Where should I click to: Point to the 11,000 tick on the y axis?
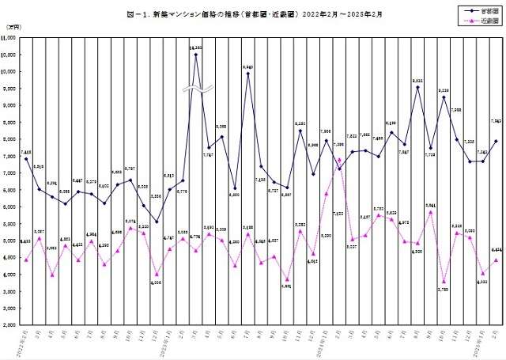click(10, 38)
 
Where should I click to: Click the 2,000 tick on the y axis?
click(12, 325)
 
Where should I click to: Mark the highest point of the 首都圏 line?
click(195, 54)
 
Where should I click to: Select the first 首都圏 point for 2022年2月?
click(26, 159)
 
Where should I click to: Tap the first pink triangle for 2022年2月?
click(26, 260)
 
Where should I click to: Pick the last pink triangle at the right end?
click(496, 260)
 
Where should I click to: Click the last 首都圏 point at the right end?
click(496, 141)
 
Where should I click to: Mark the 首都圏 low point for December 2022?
click(157, 222)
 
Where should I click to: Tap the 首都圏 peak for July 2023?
click(247, 74)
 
